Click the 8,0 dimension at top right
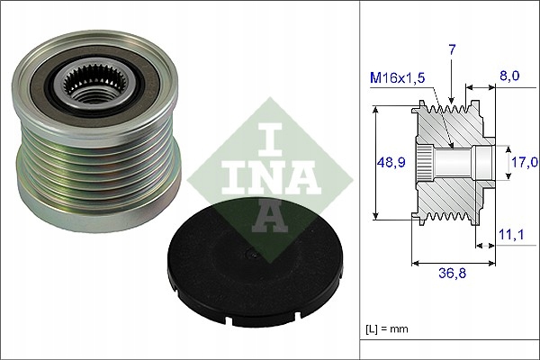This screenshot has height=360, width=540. (x=509, y=77)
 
